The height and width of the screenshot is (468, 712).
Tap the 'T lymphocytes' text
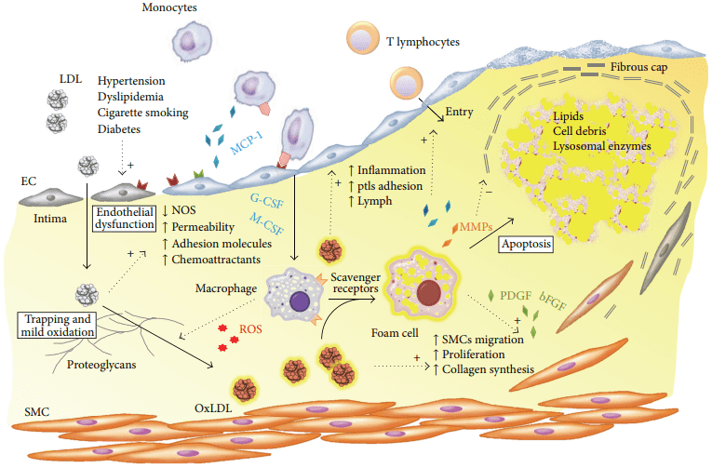tap(423, 42)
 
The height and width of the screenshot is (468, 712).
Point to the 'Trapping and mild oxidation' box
tap(57, 322)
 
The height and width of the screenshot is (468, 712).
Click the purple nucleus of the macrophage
tap(299, 301)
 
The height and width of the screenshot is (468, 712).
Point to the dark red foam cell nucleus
tap(429, 292)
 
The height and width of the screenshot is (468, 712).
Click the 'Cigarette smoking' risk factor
tap(142, 113)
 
